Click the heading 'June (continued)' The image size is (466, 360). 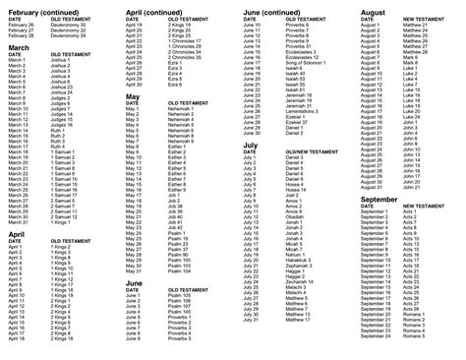[x=279, y=11]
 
